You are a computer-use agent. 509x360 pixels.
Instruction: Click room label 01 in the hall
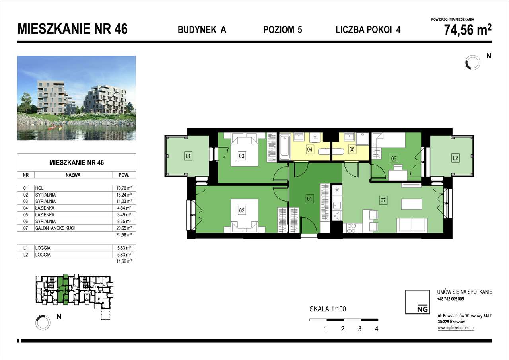tap(309, 198)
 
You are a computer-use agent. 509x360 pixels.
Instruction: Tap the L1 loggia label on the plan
tap(188, 156)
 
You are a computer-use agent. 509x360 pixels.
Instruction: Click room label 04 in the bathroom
tap(309, 150)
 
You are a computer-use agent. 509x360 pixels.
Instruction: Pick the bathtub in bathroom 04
tap(285, 147)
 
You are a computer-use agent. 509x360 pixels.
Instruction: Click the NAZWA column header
tap(73, 175)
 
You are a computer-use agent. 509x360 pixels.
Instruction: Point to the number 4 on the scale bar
tap(376, 329)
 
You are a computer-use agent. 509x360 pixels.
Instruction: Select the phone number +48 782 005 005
tap(450, 299)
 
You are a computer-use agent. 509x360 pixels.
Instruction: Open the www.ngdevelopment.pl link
tap(456, 328)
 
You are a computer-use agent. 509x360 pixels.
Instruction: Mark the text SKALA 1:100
tap(330, 309)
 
